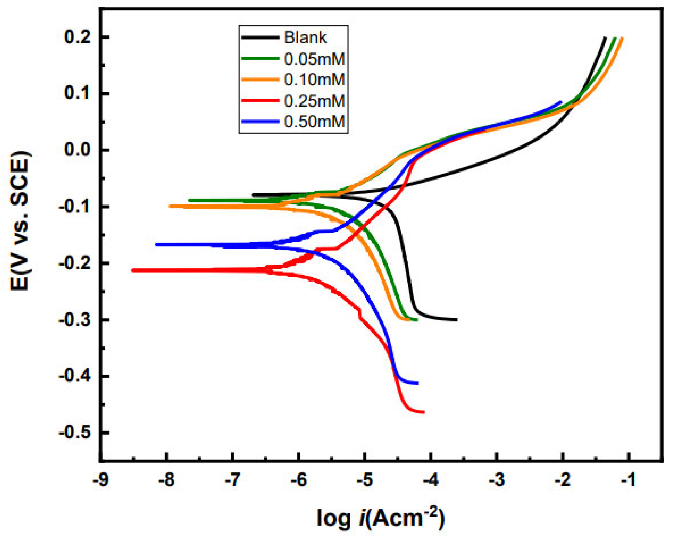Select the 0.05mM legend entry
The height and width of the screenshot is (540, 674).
pyautogui.click(x=314, y=59)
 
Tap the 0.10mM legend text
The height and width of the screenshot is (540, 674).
pyautogui.click(x=314, y=79)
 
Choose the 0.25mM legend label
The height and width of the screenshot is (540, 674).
pyautogui.click(x=314, y=101)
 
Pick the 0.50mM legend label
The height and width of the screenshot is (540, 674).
pyautogui.click(x=314, y=122)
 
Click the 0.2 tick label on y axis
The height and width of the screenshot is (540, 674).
pyautogui.click(x=78, y=37)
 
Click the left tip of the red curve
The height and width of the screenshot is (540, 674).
pyautogui.click(x=133, y=270)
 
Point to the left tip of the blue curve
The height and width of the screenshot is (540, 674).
pyautogui.click(x=156, y=245)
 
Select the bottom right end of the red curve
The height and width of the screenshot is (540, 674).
pyautogui.click(x=424, y=412)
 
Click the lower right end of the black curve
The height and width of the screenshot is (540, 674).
pyautogui.click(x=456, y=320)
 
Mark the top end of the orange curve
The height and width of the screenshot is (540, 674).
pyautogui.click(x=622, y=38)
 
